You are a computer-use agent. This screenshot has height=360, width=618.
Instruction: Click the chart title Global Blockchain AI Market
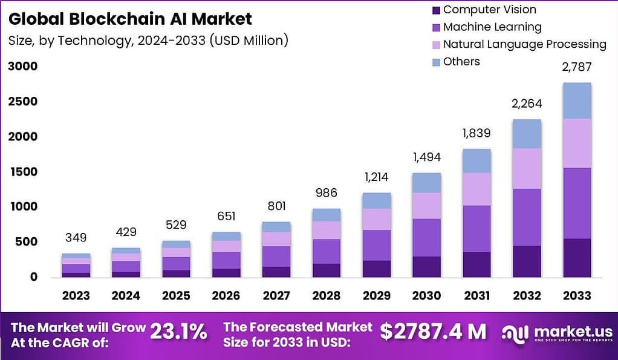(x=130, y=19)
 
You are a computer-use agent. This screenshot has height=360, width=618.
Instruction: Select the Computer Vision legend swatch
(x=436, y=10)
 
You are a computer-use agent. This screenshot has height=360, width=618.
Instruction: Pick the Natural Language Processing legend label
(x=524, y=44)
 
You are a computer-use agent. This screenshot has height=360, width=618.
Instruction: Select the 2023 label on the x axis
(x=76, y=296)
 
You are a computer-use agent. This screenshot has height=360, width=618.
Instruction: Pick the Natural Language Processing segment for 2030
(x=427, y=206)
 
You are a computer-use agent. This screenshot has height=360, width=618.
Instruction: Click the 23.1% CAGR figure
(x=178, y=332)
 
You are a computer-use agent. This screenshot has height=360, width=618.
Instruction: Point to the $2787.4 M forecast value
(x=433, y=332)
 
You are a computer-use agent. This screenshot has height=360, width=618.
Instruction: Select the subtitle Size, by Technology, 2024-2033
(x=148, y=41)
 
